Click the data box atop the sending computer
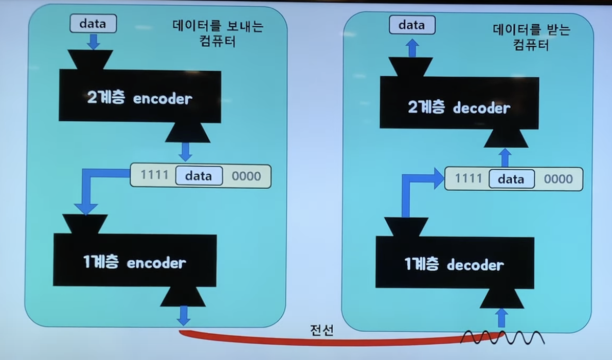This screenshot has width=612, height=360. (93, 24)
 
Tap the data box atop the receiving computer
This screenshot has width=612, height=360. (412, 25)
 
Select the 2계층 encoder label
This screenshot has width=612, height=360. (139, 98)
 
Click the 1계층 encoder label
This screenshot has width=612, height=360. (134, 262)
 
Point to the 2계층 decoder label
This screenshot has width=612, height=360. (459, 107)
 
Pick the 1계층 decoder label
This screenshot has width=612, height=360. (454, 265)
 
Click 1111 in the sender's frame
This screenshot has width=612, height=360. (155, 175)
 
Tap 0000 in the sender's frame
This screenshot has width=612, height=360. (246, 176)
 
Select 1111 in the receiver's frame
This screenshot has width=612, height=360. (469, 178)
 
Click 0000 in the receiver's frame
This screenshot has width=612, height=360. (558, 179)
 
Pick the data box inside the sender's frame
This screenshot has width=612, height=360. (199, 176)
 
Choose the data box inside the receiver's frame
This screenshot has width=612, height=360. (511, 179)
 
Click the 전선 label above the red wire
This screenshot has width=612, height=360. (322, 330)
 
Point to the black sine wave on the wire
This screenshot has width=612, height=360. (502, 337)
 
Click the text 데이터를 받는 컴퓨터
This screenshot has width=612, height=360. (531, 37)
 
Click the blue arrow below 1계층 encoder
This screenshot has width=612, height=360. (184, 315)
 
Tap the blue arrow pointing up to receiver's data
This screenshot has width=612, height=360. (412, 48)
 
